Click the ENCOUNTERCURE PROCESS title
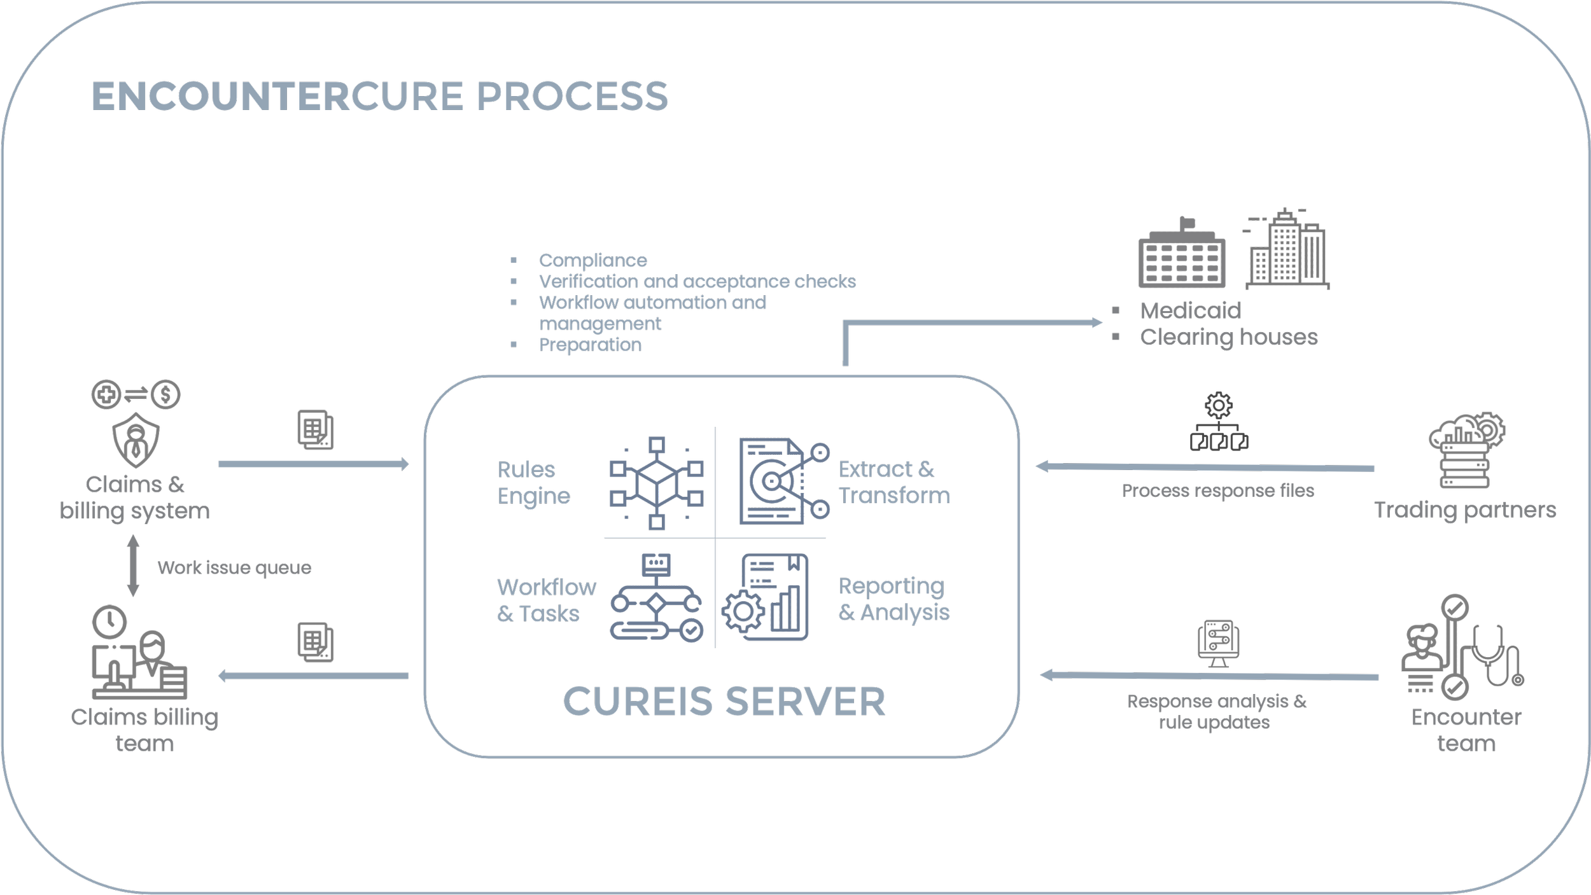(380, 97)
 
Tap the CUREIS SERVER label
(724, 701)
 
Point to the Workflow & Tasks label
(546, 600)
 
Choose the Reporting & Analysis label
(894, 599)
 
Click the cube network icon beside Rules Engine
(657, 483)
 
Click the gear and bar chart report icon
(767, 598)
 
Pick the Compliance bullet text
(592, 260)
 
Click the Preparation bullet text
(590, 345)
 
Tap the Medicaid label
(1190, 311)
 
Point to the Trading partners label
(1465, 510)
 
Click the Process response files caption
(1217, 490)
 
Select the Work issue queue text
(234, 567)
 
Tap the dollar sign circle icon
(166, 395)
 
